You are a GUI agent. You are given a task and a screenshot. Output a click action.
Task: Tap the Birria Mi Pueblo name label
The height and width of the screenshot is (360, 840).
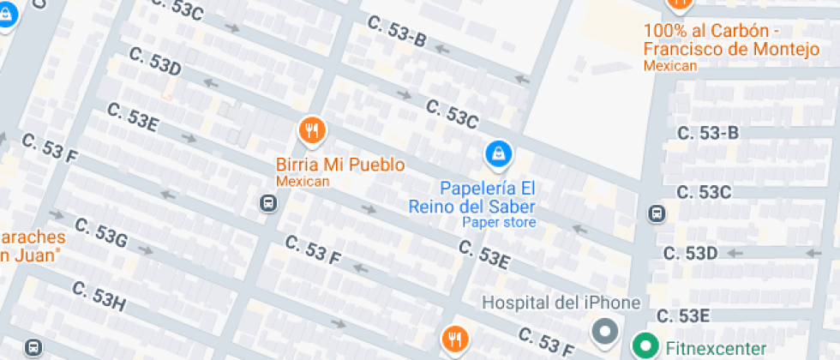(340, 164)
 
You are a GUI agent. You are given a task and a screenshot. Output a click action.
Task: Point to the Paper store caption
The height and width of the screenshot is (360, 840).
(499, 223)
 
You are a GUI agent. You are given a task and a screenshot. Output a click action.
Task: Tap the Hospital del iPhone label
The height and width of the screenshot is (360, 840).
(561, 303)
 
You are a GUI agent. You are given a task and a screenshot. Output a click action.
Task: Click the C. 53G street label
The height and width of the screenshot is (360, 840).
(100, 233)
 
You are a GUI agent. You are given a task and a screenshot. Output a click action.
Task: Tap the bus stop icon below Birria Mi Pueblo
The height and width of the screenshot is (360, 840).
(267, 203)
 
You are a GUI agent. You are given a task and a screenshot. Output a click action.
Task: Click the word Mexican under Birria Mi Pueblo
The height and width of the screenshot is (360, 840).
(303, 181)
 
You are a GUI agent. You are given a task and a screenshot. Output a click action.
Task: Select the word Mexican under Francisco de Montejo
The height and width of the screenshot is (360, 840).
(670, 65)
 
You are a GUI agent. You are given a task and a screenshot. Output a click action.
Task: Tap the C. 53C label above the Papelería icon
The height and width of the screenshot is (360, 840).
(452, 115)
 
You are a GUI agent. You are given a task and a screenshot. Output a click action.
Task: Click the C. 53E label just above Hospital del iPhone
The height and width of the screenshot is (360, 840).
(483, 253)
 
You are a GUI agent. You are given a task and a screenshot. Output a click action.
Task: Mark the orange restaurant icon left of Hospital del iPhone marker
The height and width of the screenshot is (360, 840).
(454, 339)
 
